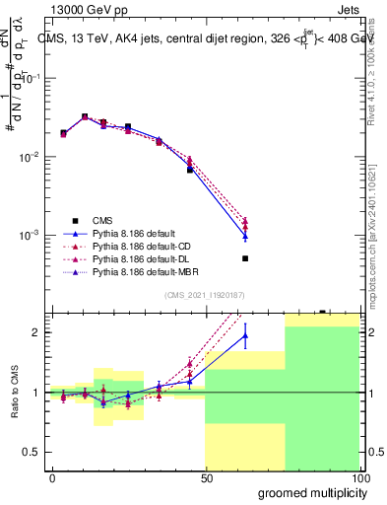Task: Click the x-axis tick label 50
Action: tap(206, 476)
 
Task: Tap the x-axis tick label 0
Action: tap(52, 476)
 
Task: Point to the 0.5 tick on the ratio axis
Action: tap(33, 452)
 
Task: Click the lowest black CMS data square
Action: tap(245, 258)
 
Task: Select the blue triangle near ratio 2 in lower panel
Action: tap(245, 335)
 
